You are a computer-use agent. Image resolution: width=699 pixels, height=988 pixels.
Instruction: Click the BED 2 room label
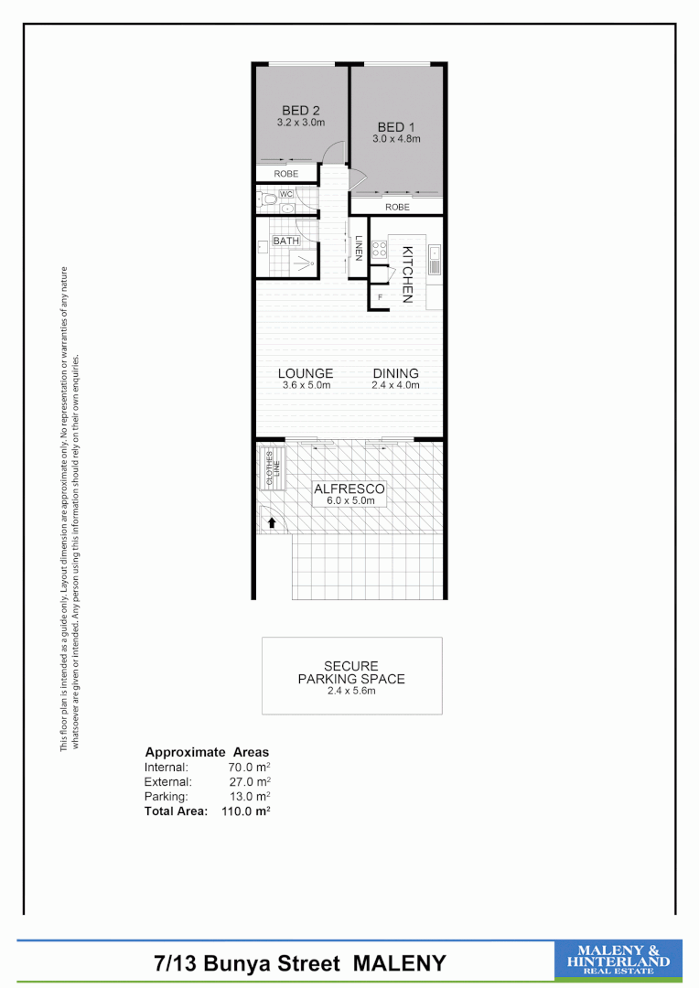click(301, 111)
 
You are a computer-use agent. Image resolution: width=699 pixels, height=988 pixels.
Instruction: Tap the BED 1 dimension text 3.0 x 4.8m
click(395, 139)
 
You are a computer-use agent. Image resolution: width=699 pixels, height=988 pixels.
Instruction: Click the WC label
click(285, 194)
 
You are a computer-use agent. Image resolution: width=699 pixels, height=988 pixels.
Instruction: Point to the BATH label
click(285, 242)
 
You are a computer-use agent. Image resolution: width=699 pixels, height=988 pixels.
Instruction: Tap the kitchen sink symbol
click(436, 260)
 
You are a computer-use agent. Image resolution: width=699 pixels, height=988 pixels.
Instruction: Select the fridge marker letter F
click(379, 297)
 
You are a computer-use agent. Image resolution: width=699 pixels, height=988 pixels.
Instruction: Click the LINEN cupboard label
click(360, 249)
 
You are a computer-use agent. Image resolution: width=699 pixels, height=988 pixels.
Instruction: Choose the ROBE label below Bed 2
click(285, 173)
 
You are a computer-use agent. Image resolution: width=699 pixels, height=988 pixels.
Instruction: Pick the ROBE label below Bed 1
click(397, 208)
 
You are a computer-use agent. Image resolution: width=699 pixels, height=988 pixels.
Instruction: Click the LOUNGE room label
click(306, 373)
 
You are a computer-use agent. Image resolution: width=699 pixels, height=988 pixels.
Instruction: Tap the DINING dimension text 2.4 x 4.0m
click(395, 385)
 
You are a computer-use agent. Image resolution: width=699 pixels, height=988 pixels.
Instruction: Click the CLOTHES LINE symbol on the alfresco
click(272, 467)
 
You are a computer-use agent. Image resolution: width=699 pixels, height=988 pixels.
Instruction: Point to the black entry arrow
click(272, 523)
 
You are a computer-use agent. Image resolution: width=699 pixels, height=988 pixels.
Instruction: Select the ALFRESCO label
click(349, 489)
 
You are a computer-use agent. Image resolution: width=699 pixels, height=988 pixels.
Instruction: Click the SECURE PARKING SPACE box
click(351, 675)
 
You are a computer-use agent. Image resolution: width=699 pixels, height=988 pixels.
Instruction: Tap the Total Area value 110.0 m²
click(246, 811)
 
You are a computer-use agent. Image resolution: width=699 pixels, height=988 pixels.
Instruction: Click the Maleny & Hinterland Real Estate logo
click(618, 961)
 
